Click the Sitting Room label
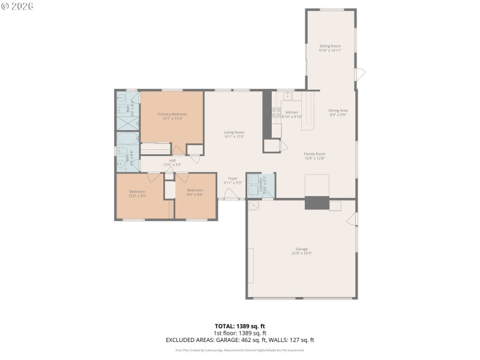tap(330, 46)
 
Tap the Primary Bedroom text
tap(172, 114)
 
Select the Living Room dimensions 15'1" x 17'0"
tap(234, 136)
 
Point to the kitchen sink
tap(287, 95)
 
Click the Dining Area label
tap(338, 110)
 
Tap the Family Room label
tap(314, 154)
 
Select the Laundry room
tap(260, 185)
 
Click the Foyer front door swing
tap(231, 194)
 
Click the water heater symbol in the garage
tap(254, 205)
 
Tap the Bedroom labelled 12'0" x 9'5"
tap(137, 195)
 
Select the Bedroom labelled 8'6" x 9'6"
tap(195, 195)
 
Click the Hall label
tap(172, 160)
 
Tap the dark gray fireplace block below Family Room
tap(317, 203)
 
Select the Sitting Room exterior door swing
tap(361, 74)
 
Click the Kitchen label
tap(292, 112)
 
